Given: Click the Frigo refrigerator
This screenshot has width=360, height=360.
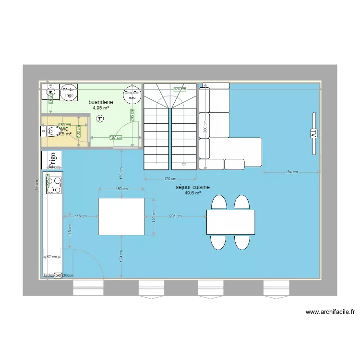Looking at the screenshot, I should click(51, 160).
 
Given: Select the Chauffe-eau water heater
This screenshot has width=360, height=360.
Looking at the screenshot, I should click(132, 96).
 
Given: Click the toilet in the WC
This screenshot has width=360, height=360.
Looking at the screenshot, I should click(49, 130).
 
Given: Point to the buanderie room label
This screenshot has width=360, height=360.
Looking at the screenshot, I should click(101, 102).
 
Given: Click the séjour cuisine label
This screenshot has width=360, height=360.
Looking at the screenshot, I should click(192, 187).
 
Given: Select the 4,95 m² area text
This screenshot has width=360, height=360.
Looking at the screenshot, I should click(101, 108).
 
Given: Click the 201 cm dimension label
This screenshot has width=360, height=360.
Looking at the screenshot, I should click(176, 216).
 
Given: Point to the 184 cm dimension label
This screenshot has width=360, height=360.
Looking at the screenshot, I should click(292, 172).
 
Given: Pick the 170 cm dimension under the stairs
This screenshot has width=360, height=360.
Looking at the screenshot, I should click(170, 179).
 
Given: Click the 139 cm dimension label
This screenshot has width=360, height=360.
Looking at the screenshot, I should click(122, 256).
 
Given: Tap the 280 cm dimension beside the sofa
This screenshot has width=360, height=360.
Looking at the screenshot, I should click(205, 126).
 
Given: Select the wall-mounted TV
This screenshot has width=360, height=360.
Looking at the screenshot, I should click(314, 134).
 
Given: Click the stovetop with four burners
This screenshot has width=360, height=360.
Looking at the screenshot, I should click(53, 185).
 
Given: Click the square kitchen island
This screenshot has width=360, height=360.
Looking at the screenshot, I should click(121, 216).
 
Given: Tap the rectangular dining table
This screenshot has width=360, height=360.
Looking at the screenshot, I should click(230, 222).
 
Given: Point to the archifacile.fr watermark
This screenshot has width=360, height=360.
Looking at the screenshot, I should click(330, 312).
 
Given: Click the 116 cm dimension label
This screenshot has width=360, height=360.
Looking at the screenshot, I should click(81, 216).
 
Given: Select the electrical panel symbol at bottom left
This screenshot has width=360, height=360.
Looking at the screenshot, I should click(59, 276).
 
